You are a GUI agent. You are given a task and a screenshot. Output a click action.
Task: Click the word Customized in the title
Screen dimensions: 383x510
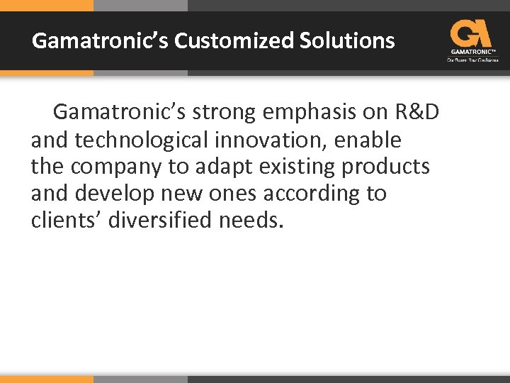coord(234,40)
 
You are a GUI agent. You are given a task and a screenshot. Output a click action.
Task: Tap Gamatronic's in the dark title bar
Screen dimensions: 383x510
coord(100,40)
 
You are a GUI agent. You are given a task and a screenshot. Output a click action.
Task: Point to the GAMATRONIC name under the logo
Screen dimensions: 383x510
coord(471,52)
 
